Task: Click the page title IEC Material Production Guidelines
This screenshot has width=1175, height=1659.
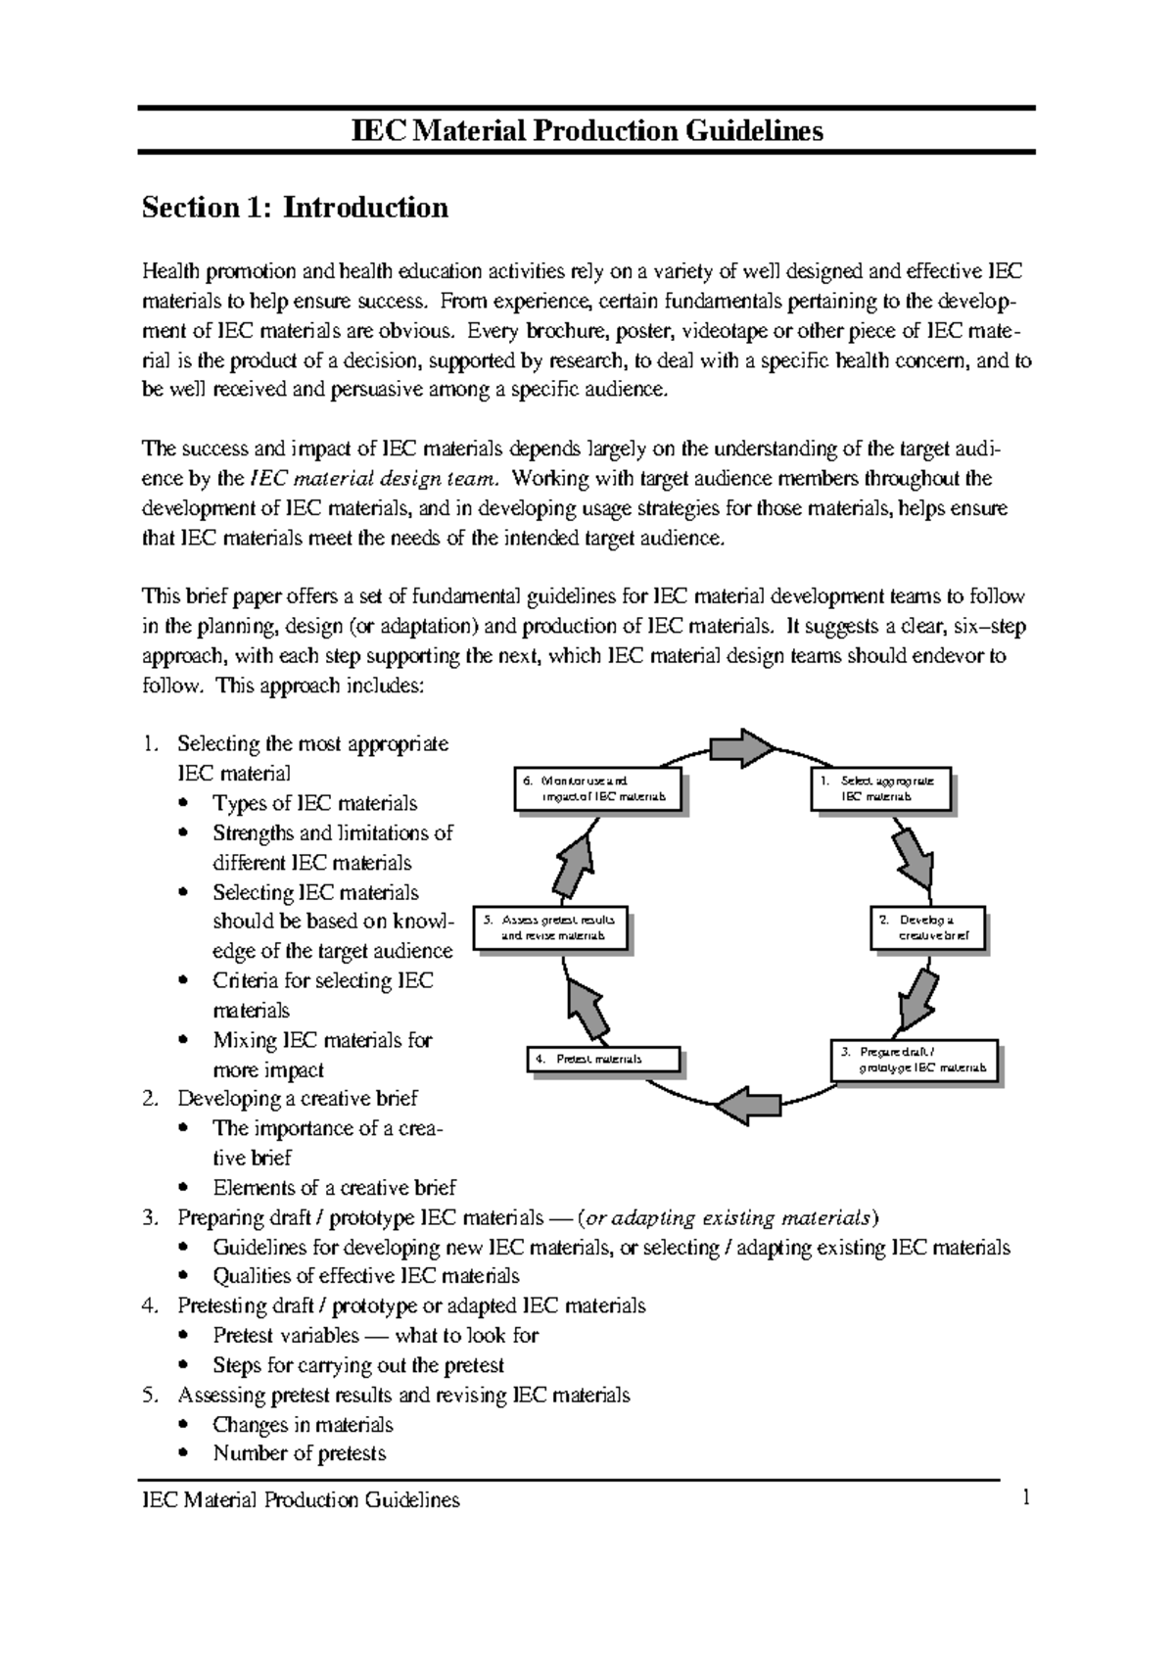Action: (x=587, y=130)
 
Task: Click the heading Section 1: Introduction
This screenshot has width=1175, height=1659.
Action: (x=295, y=208)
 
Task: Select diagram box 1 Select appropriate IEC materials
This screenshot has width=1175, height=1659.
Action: (x=880, y=789)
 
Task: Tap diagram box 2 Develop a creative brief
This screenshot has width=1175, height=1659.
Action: (x=926, y=928)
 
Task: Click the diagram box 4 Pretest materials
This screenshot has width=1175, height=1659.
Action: (x=602, y=1059)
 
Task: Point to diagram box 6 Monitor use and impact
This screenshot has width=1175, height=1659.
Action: (x=595, y=789)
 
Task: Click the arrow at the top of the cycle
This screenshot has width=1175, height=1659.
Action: (x=741, y=749)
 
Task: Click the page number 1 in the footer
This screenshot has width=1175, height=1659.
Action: (x=1026, y=1498)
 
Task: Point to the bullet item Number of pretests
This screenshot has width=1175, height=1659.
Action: (x=299, y=1453)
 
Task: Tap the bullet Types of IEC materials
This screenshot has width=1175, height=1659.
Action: (x=314, y=803)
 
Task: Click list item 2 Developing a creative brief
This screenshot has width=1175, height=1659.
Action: (x=297, y=1099)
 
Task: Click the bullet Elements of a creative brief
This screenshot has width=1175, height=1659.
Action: (x=334, y=1188)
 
